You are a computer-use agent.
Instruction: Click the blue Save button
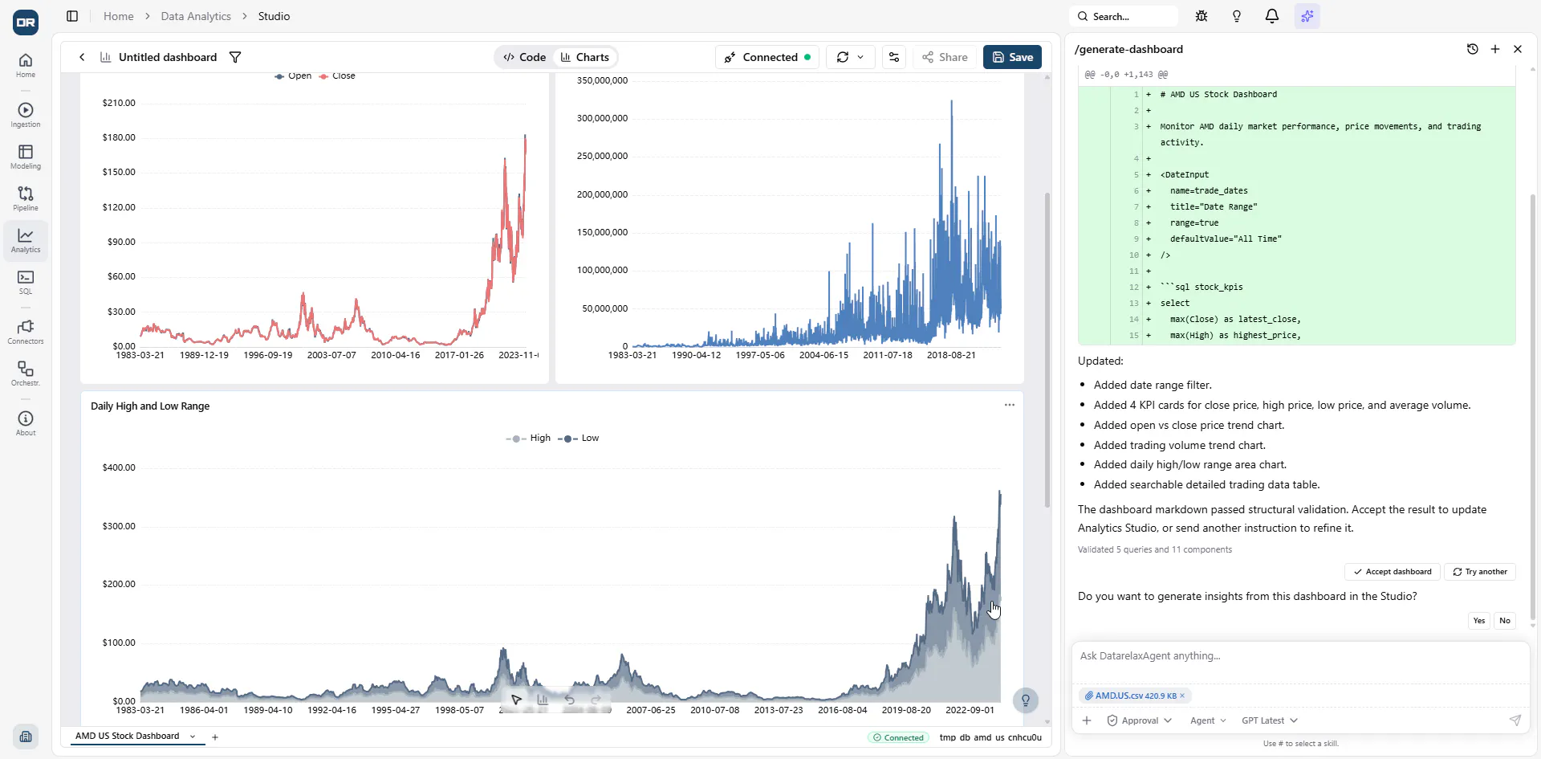(x=1012, y=57)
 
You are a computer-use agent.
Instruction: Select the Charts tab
(x=585, y=57)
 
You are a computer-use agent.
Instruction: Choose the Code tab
(x=525, y=57)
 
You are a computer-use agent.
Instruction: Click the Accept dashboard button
(x=1393, y=572)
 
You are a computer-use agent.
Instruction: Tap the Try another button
(x=1480, y=572)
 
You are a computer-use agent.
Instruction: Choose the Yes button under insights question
(x=1479, y=621)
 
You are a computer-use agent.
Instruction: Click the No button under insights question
(x=1505, y=621)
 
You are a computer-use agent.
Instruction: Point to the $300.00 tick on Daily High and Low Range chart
(x=119, y=526)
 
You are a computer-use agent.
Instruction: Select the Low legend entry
(x=579, y=439)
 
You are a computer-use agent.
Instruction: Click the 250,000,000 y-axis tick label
(x=602, y=157)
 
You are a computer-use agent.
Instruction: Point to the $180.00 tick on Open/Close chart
(x=119, y=137)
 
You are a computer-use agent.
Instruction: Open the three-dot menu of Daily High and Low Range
(x=1010, y=405)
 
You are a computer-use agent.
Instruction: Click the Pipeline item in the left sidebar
(x=26, y=198)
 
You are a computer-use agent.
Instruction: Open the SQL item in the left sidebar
(x=26, y=282)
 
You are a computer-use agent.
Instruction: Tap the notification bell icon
(x=1272, y=16)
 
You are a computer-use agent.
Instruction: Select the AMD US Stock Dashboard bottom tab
(x=128, y=737)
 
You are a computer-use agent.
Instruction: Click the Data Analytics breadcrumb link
(x=196, y=16)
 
